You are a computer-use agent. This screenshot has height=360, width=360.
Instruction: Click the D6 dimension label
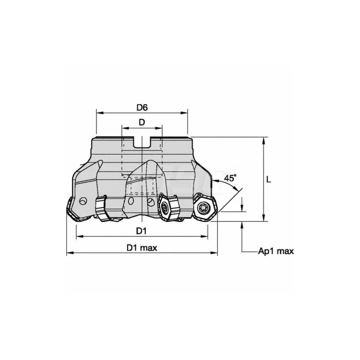coord(142,108)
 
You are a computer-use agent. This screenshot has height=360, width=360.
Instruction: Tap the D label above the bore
coord(142,122)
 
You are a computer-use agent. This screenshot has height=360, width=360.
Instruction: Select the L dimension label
coord(268,179)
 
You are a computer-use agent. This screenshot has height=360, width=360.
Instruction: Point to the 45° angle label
coord(230,178)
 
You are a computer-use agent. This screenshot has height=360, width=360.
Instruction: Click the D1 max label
coord(142,248)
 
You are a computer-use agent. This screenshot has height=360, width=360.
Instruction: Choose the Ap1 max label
coord(276,251)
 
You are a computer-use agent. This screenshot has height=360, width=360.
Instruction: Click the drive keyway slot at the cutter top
coord(142,142)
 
